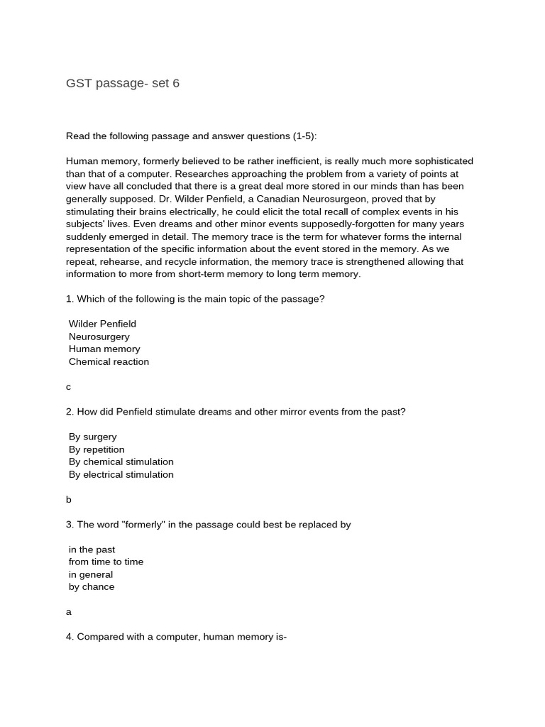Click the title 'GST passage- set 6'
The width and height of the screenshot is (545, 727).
point(123,83)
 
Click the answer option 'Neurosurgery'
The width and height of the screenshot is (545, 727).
point(99,337)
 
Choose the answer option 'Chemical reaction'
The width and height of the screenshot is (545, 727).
point(109,361)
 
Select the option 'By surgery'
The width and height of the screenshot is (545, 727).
point(92,437)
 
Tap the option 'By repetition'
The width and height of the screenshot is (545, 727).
point(97,449)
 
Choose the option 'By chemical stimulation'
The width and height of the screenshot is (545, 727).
point(121,461)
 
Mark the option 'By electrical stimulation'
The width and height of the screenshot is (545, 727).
point(121,474)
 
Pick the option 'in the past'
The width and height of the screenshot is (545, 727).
point(92,550)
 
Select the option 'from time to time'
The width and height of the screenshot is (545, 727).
point(106,562)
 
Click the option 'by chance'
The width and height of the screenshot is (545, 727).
point(92,587)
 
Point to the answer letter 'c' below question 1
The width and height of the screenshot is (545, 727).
point(69,387)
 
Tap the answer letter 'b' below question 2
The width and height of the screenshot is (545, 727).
point(69,499)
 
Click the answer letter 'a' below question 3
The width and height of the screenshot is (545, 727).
point(69,612)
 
